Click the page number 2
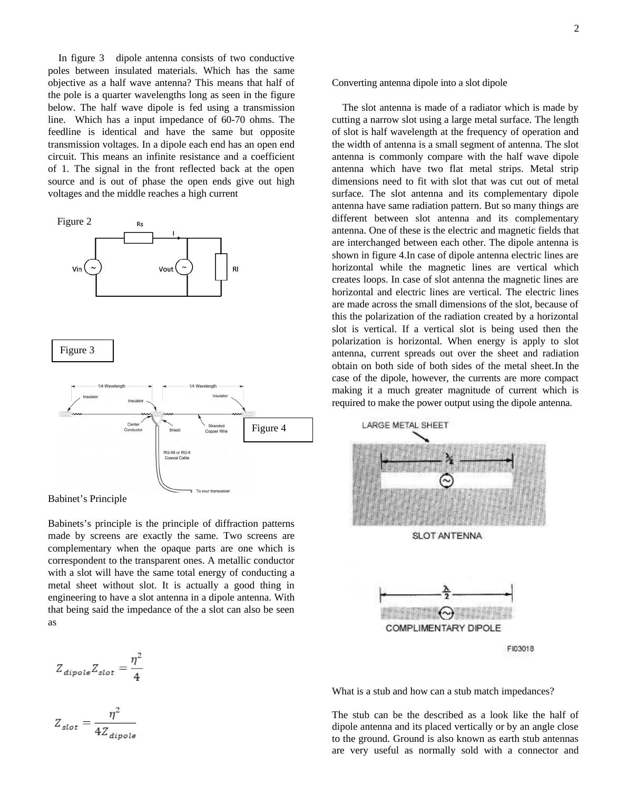point(576,29)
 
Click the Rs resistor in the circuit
point(139,238)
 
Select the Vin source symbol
point(93,268)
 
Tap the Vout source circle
point(184,268)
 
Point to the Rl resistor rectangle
point(221,267)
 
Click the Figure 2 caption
point(74,221)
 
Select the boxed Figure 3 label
point(82,351)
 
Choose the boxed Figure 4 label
point(278,429)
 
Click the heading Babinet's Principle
point(87,499)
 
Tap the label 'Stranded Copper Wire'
point(216,429)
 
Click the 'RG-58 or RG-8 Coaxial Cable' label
point(177,455)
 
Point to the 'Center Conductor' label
point(133,427)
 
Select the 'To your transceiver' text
point(212,491)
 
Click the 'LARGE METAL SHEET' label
point(405,426)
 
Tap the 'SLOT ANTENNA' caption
point(447,536)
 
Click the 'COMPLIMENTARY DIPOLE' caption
point(443,628)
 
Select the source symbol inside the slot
point(447,481)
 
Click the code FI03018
point(521,649)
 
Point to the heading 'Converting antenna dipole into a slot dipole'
point(419,83)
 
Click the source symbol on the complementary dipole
point(446,614)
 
